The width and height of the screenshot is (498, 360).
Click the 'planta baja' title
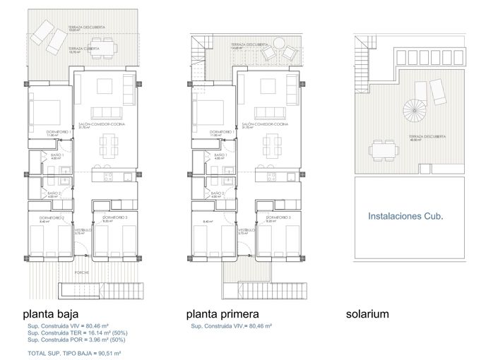click(x=50, y=314)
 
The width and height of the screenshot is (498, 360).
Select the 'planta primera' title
click(x=223, y=314)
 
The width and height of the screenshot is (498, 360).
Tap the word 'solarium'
click(x=367, y=314)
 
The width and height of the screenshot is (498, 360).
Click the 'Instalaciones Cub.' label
click(x=405, y=218)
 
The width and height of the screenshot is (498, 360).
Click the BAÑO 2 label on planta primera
click(x=218, y=193)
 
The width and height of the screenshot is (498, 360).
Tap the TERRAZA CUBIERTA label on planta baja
click(x=83, y=49)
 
